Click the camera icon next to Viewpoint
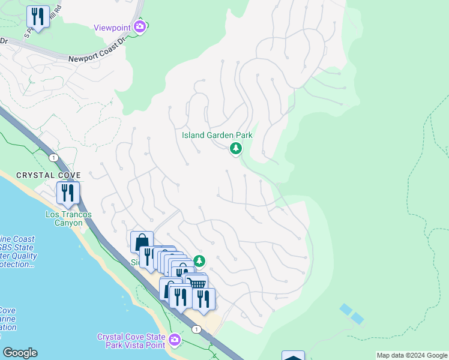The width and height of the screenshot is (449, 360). click(x=140, y=26)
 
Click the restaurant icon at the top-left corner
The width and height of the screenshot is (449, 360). click(x=38, y=17)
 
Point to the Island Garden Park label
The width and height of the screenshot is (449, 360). click(x=217, y=135)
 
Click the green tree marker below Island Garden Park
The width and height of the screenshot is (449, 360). click(x=236, y=148)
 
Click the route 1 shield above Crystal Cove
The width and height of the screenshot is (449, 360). click(x=54, y=157)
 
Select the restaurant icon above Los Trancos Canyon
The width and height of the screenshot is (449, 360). click(x=68, y=193)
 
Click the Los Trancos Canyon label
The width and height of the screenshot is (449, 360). click(x=64, y=218)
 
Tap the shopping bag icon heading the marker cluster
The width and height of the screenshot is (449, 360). click(x=142, y=242)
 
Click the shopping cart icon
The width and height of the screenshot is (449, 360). click(x=197, y=284)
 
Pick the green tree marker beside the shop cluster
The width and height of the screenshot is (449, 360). click(x=199, y=261)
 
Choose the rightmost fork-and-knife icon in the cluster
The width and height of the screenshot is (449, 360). click(x=203, y=299)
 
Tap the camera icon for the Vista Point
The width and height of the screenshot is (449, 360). click(x=174, y=340)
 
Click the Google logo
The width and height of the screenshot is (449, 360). click(x=20, y=353)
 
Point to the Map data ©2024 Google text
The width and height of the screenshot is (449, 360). click(x=412, y=355)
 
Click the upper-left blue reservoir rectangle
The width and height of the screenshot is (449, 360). click(x=346, y=309)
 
